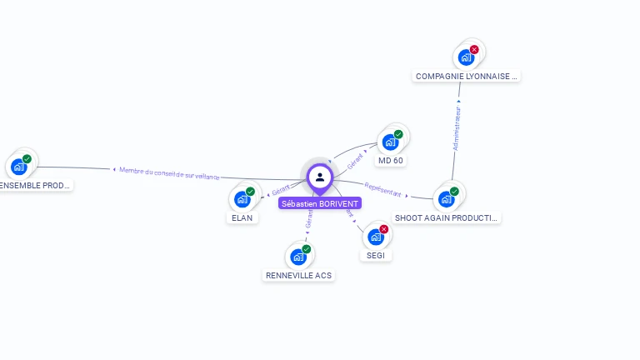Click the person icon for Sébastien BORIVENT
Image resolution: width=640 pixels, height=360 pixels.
320,177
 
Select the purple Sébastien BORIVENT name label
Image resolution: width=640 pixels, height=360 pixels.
320,203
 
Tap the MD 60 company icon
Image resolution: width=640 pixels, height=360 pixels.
390,142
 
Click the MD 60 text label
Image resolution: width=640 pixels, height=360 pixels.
391,160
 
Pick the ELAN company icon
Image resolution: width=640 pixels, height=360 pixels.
242,199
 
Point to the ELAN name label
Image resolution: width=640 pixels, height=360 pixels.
242,217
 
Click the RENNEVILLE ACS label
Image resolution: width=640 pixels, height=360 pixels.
298,275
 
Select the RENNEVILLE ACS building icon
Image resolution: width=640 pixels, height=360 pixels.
297,257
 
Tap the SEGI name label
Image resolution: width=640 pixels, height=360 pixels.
376,255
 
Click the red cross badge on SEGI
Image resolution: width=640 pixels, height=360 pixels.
384,229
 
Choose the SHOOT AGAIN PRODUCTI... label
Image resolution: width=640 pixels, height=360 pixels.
447,217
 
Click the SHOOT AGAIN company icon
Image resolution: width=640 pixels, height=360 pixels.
446,198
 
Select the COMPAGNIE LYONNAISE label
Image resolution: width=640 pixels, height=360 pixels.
467,76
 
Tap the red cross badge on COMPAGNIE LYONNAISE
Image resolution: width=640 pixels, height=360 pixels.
474,50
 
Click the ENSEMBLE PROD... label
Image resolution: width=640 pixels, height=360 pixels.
35,185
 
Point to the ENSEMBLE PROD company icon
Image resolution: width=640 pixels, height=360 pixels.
18,167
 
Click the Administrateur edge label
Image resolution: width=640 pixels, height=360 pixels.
457,127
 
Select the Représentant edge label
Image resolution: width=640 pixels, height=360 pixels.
383,189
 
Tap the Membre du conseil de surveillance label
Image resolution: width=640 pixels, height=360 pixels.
169,172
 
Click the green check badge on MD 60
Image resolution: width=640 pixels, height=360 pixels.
398,134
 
